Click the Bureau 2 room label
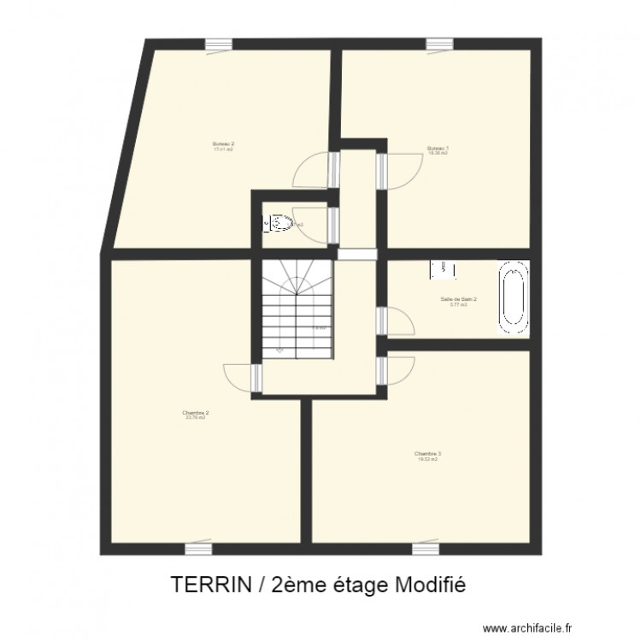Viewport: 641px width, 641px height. [x=222, y=145]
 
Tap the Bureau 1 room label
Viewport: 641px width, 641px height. [x=438, y=150]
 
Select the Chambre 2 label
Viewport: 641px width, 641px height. [x=195, y=414]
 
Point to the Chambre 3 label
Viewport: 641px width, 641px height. [x=427, y=456]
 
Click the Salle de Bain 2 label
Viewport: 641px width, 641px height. [x=458, y=300]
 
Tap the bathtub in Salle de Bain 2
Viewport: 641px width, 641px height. [x=514, y=298]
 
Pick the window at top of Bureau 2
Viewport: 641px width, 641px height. [x=217, y=44]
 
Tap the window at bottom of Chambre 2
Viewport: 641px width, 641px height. [x=198, y=547]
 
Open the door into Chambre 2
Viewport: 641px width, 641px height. [x=241, y=378]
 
